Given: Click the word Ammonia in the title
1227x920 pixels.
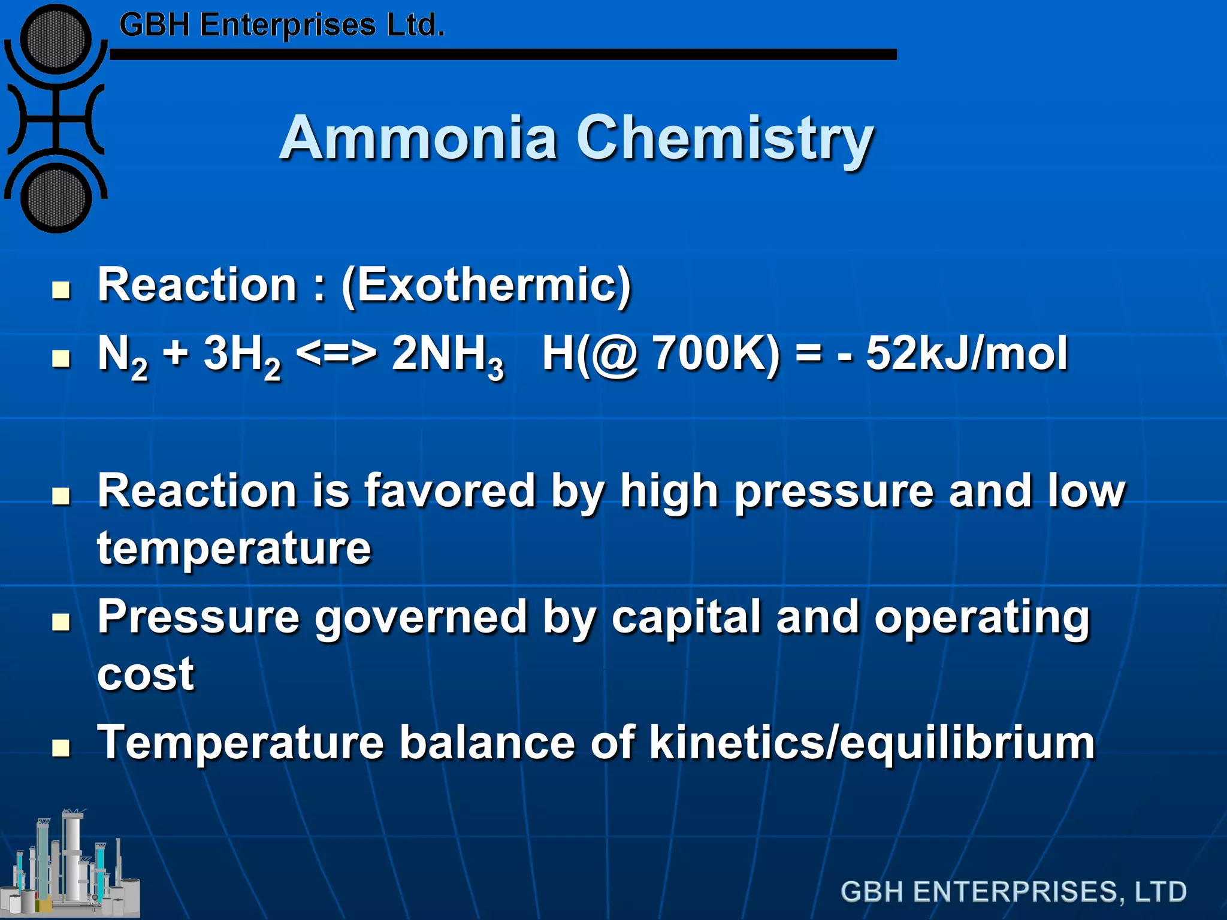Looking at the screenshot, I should tap(418, 138).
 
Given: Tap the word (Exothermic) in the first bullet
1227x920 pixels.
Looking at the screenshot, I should tap(486, 285).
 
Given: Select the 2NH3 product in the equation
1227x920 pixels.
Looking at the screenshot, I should tap(447, 355).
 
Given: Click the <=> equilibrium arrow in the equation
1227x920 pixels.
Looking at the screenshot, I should tap(337, 353).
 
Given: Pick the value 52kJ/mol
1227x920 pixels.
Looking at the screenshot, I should tap(966, 353).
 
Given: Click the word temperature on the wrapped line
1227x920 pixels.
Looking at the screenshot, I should tap(234, 548).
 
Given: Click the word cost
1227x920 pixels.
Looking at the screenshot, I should tap(146, 674).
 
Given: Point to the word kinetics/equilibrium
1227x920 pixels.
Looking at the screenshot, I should tap(872, 743).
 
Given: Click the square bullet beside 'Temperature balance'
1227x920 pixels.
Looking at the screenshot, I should tap(61, 748).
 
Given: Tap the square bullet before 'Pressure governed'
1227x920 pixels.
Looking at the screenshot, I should tap(61, 622).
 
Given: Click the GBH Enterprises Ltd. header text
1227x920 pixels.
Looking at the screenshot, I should tap(282, 26).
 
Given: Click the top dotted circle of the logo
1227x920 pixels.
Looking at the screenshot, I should tap(56, 39).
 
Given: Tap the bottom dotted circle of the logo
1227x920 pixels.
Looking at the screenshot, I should tap(56, 198).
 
